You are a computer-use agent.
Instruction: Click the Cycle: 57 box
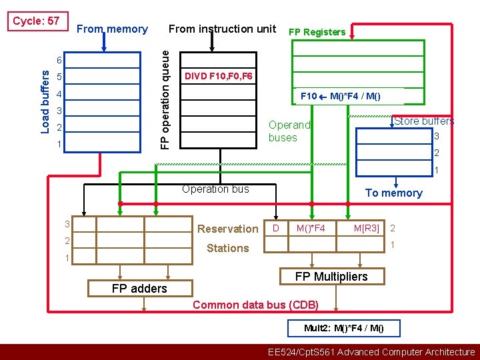click(36, 21)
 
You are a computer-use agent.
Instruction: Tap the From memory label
click(112, 29)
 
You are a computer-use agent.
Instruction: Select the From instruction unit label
click(222, 29)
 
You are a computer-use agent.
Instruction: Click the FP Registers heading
click(317, 32)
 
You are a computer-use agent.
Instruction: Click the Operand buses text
click(289, 131)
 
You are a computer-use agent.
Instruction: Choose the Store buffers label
click(424, 121)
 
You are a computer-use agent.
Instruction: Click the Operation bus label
click(215, 189)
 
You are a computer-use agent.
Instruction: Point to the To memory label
click(393, 193)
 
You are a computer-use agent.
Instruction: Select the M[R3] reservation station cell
click(366, 229)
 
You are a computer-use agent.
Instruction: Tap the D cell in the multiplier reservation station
click(276, 229)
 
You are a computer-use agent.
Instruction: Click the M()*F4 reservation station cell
click(311, 229)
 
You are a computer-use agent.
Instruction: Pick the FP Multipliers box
click(331, 276)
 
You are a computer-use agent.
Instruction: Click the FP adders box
click(139, 288)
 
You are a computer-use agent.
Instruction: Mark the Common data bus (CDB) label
click(255, 305)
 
